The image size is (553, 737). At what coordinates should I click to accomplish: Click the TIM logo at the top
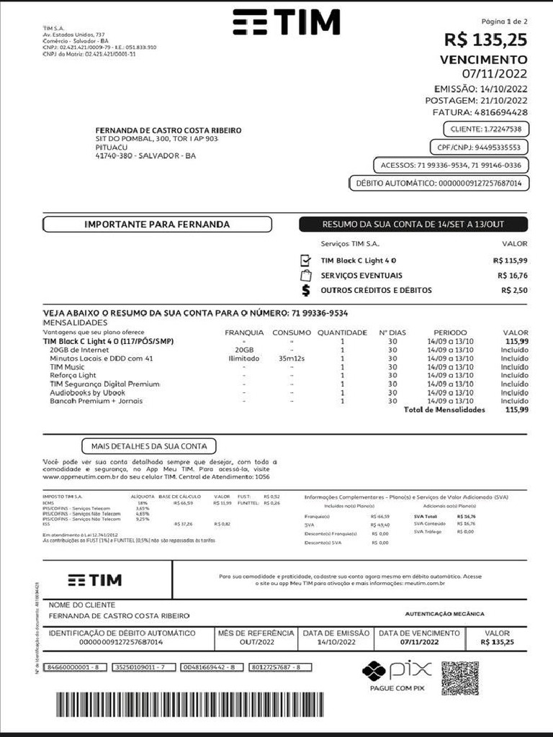[x=286, y=23]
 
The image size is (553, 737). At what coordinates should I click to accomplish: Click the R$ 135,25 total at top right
[x=485, y=40]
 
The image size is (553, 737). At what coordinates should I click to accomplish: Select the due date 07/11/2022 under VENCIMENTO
[x=494, y=73]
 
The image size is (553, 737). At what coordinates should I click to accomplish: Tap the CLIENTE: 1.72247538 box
[x=485, y=129]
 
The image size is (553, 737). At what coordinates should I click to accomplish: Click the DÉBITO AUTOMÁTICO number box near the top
[x=439, y=184]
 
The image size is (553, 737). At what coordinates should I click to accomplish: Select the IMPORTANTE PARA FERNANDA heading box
[x=157, y=225]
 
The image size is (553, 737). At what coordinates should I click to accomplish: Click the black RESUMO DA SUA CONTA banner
[x=413, y=225]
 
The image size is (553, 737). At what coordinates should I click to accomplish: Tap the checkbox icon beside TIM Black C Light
[x=305, y=260]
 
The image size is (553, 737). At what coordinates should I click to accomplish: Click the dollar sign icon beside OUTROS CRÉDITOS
[x=305, y=290]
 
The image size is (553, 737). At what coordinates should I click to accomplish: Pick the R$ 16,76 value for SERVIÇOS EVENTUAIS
[x=512, y=276]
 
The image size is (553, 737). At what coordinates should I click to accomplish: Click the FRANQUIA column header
[x=244, y=333]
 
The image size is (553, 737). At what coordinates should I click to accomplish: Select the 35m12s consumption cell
[x=292, y=358]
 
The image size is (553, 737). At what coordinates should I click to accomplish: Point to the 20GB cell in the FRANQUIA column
[x=244, y=350]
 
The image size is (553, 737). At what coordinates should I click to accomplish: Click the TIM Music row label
[x=67, y=367]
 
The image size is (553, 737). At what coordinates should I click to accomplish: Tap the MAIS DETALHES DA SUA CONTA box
[x=149, y=446]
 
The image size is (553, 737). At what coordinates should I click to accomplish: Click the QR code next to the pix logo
[x=459, y=677]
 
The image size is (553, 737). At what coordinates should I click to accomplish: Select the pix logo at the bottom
[x=397, y=672]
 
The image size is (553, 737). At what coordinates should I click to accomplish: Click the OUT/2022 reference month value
[x=257, y=641]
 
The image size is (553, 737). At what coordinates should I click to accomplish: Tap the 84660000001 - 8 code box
[x=76, y=667]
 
